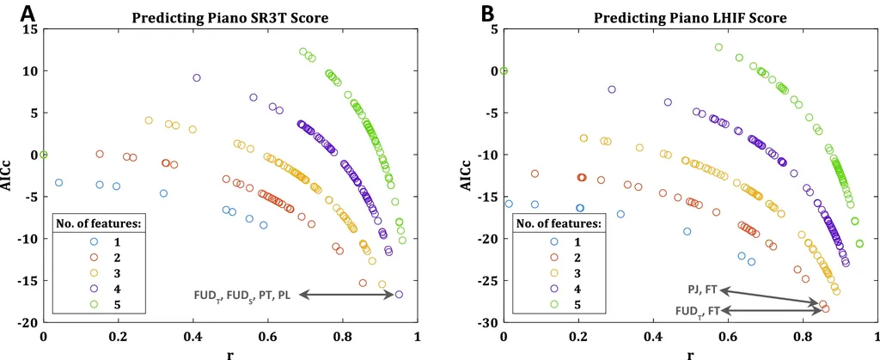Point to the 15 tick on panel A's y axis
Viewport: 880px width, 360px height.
tap(31, 29)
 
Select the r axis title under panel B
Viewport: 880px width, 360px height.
tap(691, 352)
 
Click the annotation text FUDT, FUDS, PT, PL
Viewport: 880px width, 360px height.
tap(241, 296)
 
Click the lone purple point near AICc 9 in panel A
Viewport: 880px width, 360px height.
tap(197, 78)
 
